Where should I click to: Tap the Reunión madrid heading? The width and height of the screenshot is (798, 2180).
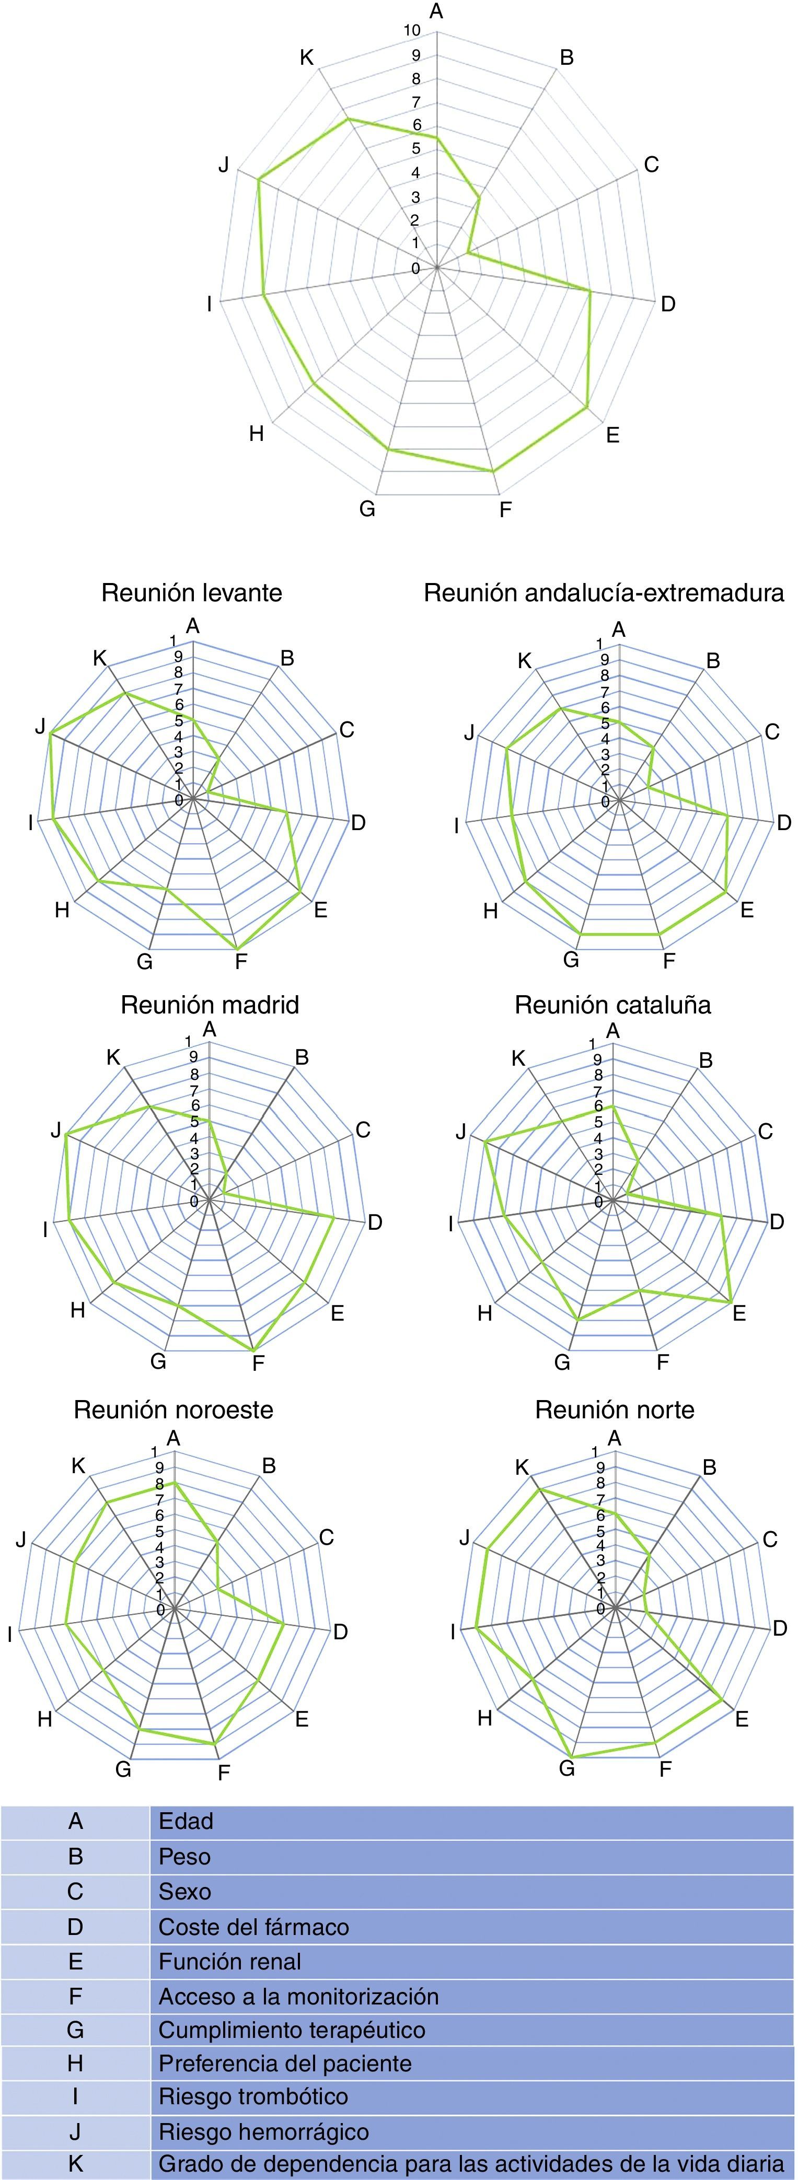210,1005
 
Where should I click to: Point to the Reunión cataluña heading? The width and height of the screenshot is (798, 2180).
612,1005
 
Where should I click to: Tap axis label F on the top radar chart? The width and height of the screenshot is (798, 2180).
505,509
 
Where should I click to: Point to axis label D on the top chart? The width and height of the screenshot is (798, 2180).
668,304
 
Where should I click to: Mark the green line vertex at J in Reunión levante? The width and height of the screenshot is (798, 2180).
52,733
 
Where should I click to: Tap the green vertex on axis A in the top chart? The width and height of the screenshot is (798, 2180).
437,137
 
